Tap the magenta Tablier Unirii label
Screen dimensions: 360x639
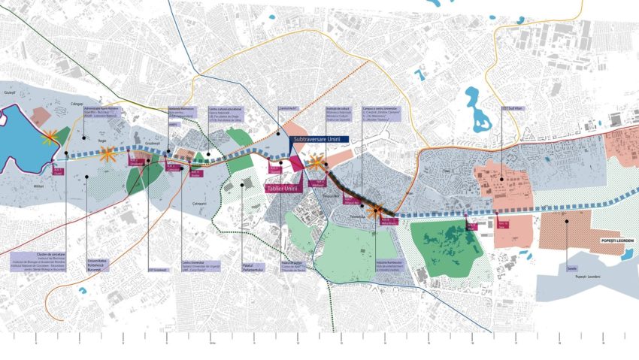(283, 188)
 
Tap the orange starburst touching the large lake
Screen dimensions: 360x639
(50, 137)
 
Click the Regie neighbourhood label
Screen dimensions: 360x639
(101, 140)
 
